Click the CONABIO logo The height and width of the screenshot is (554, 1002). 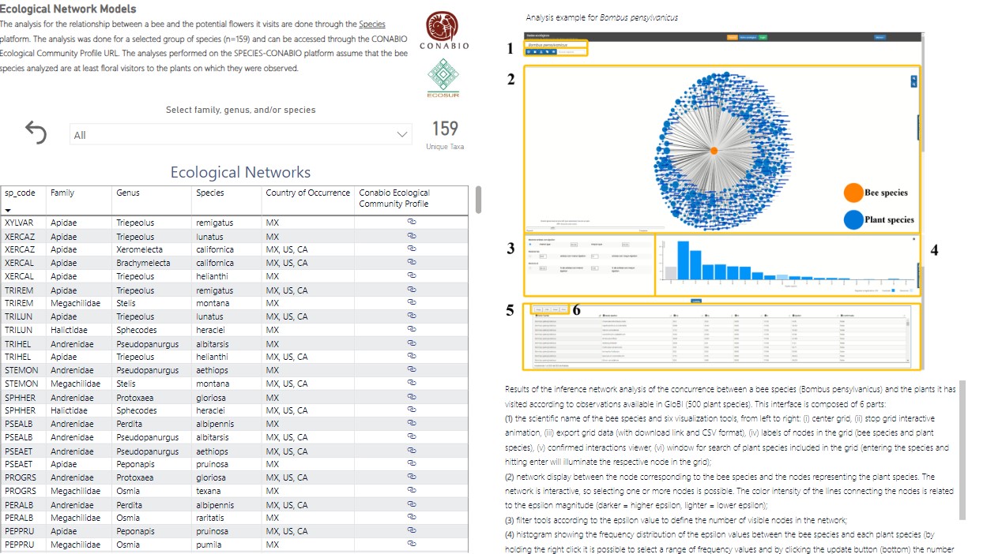443,28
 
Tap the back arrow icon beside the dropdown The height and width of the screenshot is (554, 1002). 36,133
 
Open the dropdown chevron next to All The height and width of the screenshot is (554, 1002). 401,135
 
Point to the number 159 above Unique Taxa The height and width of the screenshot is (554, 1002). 445,129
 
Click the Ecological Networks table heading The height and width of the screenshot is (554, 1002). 240,172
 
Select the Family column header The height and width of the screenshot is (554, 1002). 62,193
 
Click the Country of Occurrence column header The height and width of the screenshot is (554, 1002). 307,193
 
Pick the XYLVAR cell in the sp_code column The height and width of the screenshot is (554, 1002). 19,223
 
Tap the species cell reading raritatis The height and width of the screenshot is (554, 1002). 213,518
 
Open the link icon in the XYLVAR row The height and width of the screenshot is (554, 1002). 411,222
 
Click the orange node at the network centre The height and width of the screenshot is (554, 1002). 714,150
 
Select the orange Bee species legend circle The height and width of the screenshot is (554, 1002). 853,193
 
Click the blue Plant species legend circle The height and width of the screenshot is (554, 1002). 853,219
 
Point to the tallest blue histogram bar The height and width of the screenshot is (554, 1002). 684,260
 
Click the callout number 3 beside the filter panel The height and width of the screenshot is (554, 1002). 510,249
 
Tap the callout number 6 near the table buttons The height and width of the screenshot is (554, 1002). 576,310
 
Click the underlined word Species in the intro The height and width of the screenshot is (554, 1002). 372,24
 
